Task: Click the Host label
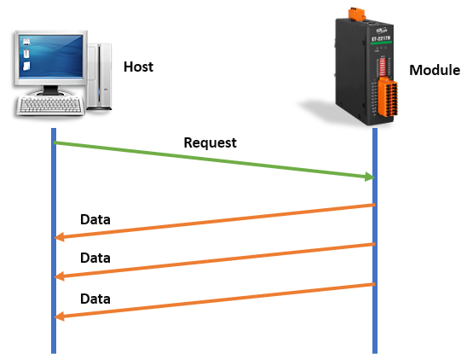coord(139,67)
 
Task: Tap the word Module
coord(435,70)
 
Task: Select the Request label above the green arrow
coord(210,142)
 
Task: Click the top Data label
coord(95,219)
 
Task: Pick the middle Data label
coord(95,258)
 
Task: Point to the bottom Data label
coord(95,299)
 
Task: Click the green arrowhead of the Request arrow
coord(369,177)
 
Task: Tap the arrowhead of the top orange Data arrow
coord(60,237)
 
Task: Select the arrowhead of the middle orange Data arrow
coord(60,276)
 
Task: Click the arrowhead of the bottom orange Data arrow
coord(60,316)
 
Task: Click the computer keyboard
coord(50,105)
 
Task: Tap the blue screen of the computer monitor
coord(51,56)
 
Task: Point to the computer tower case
coord(100,77)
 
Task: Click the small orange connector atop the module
coord(357,14)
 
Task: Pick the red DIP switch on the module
coord(383,67)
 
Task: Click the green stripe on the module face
coord(381,43)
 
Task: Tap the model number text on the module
coord(381,38)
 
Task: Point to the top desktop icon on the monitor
coord(26,42)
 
